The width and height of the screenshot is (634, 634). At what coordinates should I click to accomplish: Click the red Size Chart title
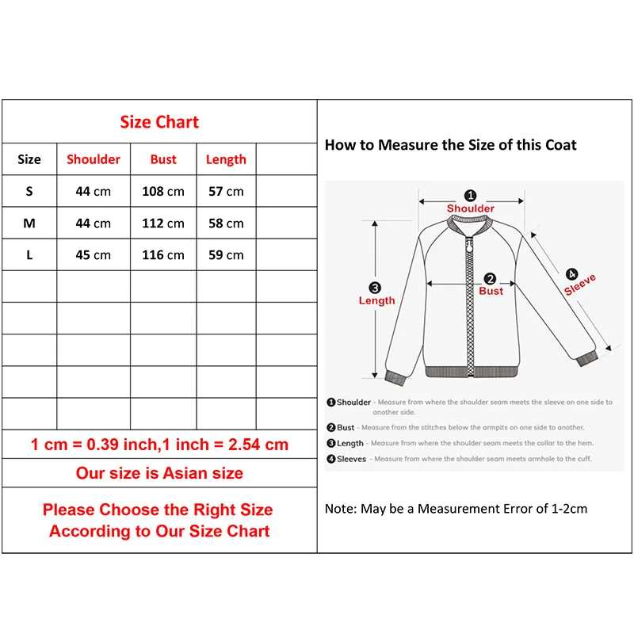click(x=159, y=122)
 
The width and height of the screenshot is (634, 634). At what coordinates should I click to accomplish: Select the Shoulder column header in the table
click(x=94, y=159)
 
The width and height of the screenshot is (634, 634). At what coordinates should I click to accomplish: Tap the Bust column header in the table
click(x=163, y=159)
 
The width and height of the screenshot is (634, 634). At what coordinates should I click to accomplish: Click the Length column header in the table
click(x=226, y=160)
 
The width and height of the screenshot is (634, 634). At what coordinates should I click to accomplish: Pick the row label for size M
click(x=29, y=223)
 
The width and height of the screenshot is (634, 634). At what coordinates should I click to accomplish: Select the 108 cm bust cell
click(x=163, y=191)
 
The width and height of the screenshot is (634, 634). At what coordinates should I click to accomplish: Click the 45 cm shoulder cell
click(x=93, y=255)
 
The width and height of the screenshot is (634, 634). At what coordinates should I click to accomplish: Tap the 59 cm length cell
click(x=226, y=255)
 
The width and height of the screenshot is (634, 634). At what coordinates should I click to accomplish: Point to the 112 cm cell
click(x=163, y=223)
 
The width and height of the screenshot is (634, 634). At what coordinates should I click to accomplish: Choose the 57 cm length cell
click(x=226, y=191)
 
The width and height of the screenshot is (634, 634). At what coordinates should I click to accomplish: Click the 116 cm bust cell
click(x=163, y=255)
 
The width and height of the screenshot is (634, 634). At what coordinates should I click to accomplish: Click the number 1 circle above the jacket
click(x=470, y=196)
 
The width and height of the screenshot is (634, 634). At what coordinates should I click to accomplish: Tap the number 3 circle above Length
click(x=375, y=288)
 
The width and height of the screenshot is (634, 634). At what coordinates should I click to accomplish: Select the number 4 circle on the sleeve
click(x=571, y=274)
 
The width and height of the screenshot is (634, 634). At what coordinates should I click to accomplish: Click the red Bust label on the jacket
click(x=491, y=291)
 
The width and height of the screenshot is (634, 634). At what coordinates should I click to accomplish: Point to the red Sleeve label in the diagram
click(x=580, y=285)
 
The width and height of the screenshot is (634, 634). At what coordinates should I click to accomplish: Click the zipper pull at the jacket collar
click(x=469, y=245)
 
